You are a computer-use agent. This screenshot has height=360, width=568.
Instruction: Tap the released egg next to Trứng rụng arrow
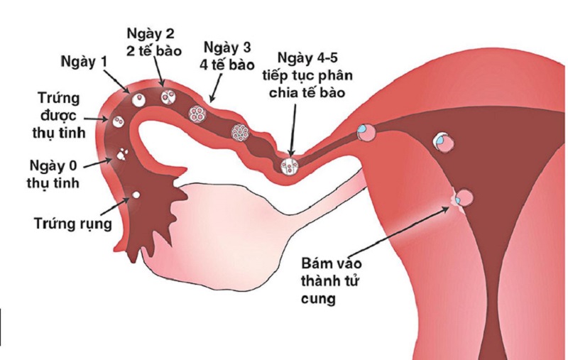136,194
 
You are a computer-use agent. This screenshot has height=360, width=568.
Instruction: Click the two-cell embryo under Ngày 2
168,97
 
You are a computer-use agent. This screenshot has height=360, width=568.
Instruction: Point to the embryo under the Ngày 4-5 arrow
289,166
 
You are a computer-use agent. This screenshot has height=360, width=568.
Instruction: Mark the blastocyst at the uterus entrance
367,132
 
